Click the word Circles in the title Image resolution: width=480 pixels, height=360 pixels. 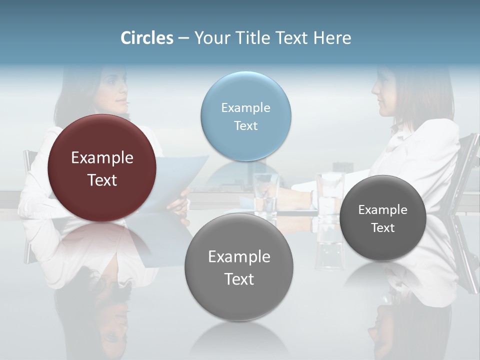coord(146,38)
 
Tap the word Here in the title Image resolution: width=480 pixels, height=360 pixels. coord(332,38)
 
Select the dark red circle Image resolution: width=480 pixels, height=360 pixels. coord(102,168)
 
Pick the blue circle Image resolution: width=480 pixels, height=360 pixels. coord(245,116)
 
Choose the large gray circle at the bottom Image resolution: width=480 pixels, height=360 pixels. coord(239,267)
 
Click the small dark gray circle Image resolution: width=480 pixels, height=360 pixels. coord(383,218)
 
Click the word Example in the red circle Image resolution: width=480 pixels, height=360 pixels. coord(102,158)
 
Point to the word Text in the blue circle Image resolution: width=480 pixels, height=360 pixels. coord(245,125)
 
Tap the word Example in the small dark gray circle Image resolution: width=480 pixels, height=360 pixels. coord(383,209)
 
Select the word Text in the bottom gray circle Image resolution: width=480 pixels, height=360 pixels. coord(239,279)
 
